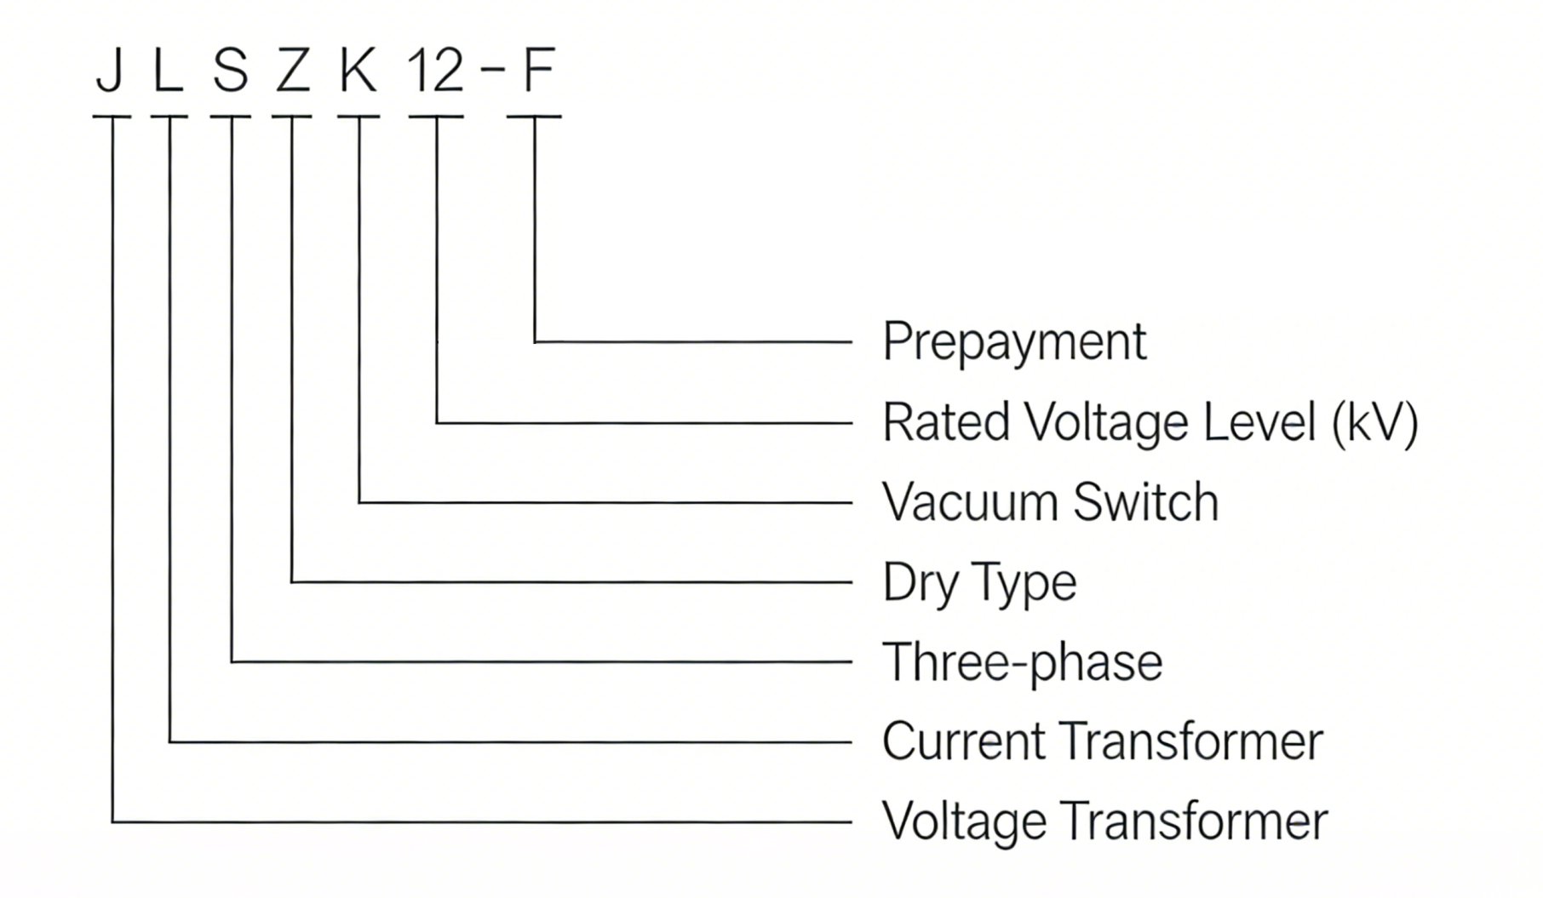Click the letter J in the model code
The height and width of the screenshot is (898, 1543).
pyautogui.click(x=111, y=70)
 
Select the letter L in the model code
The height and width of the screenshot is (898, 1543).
pyautogui.click(x=168, y=70)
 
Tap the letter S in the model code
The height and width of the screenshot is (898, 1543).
pyautogui.click(x=231, y=70)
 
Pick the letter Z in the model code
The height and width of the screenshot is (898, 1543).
pyautogui.click(x=292, y=70)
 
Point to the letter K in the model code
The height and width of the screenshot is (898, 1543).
pyautogui.click(x=358, y=70)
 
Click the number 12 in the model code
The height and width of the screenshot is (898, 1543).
pyautogui.click(x=435, y=70)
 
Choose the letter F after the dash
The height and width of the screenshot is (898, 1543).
pyautogui.click(x=538, y=70)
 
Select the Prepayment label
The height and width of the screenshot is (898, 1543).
pyautogui.click(x=1014, y=342)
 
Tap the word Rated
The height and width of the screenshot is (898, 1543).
pyautogui.click(x=946, y=422)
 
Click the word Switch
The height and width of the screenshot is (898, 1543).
pyautogui.click(x=1145, y=502)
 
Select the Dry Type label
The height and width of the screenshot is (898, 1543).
pyautogui.click(x=979, y=583)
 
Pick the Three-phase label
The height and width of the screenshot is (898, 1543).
pyautogui.click(x=1022, y=662)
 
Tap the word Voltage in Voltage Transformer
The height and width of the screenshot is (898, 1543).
pyautogui.click(x=964, y=821)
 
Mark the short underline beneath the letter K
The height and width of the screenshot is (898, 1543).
pyautogui.click(x=358, y=117)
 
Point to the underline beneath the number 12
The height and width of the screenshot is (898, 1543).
pyautogui.click(x=436, y=117)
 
